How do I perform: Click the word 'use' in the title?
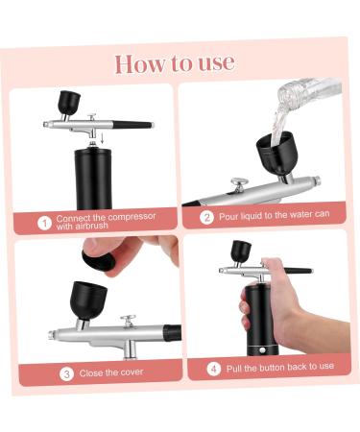215,62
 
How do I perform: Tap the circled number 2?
205,218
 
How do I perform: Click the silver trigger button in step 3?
127,318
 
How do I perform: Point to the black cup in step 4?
240,252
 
